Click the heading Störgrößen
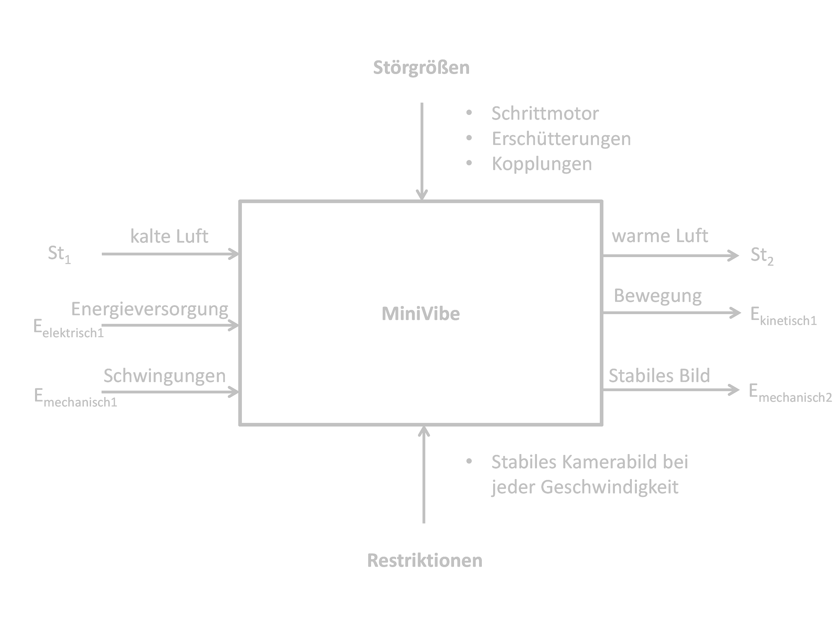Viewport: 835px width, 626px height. (421, 68)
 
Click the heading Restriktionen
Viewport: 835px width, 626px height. (425, 560)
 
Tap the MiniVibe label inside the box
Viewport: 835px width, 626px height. (421, 314)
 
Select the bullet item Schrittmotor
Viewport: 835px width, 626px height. (545, 113)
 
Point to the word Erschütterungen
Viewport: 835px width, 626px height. (561, 139)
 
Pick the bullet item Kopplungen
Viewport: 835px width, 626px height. (542, 164)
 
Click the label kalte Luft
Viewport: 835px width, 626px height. (169, 236)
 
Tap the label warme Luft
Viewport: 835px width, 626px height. (659, 236)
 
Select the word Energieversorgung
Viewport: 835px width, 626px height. (149, 309)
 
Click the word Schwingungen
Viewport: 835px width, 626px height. (164, 376)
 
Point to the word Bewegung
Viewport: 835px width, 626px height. (658, 296)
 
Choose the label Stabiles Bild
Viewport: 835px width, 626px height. (659, 376)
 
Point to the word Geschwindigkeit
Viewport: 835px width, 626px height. (609, 487)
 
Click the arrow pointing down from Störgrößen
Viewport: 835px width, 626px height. (422, 151)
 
